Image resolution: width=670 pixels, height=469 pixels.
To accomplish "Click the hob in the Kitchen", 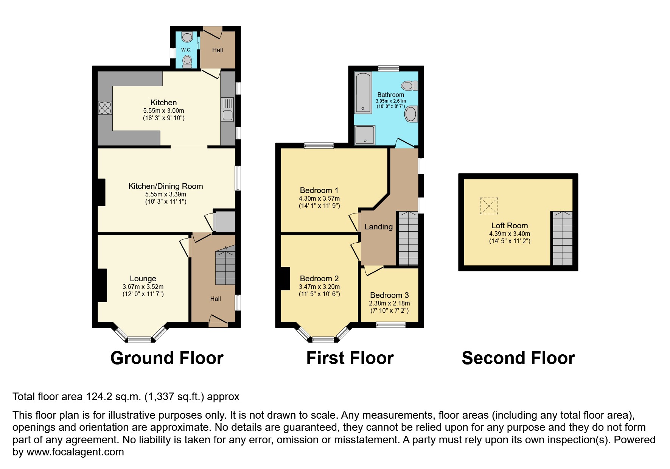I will pos(105,108).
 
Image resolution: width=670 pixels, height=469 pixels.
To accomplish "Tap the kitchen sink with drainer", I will pos(227,110).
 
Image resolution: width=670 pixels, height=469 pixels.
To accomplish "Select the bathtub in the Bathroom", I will pos(363,93).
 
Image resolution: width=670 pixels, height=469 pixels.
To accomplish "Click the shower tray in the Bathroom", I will pos(365,135).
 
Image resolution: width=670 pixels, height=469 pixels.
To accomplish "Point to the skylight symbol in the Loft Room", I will pos(489,206).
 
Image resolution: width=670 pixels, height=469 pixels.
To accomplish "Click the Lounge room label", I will pos(143,279).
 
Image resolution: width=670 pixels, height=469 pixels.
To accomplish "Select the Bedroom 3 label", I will pos(389,295).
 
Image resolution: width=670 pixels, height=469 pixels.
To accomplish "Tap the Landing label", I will pos(378,227).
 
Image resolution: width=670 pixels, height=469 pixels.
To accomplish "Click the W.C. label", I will pos(186,50).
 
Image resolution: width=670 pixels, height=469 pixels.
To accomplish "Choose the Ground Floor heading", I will pos(167,358).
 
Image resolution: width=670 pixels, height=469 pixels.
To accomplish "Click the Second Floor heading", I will pos(518,358).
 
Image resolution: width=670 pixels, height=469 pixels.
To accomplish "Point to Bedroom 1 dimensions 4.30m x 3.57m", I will pos(319,198).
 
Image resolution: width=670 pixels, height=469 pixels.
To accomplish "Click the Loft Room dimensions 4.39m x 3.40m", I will pos(509,234).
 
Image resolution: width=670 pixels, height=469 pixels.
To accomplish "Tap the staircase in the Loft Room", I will pos(562,238).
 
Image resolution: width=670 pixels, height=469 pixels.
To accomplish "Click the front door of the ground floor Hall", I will pos(218,322).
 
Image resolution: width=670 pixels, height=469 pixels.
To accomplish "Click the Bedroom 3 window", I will pos(391,325).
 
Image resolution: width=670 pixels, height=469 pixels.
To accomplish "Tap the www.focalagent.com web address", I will pos(75,452).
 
